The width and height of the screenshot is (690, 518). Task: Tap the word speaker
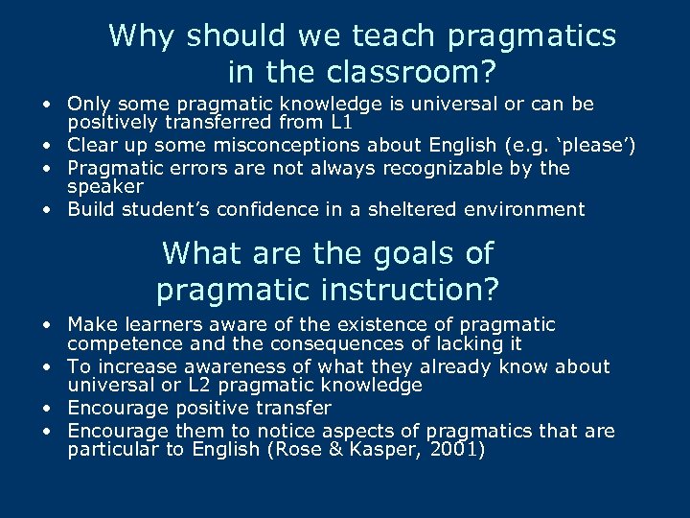104,186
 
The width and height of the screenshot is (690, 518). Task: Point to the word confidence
238,209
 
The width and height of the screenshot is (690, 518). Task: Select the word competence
124,343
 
